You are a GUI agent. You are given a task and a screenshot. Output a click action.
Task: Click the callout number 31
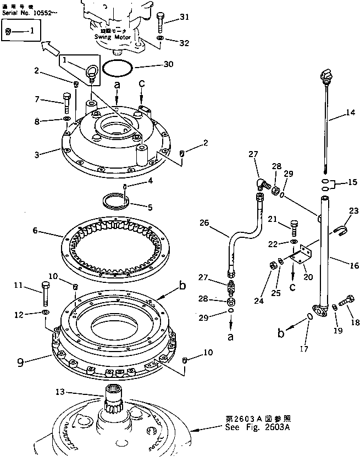[x=184, y=16]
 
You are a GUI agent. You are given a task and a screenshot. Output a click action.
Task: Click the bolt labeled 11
[x=45, y=295]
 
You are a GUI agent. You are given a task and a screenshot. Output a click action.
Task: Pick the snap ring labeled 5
[x=117, y=199]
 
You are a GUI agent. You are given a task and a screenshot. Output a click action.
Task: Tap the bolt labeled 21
[x=292, y=226]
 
